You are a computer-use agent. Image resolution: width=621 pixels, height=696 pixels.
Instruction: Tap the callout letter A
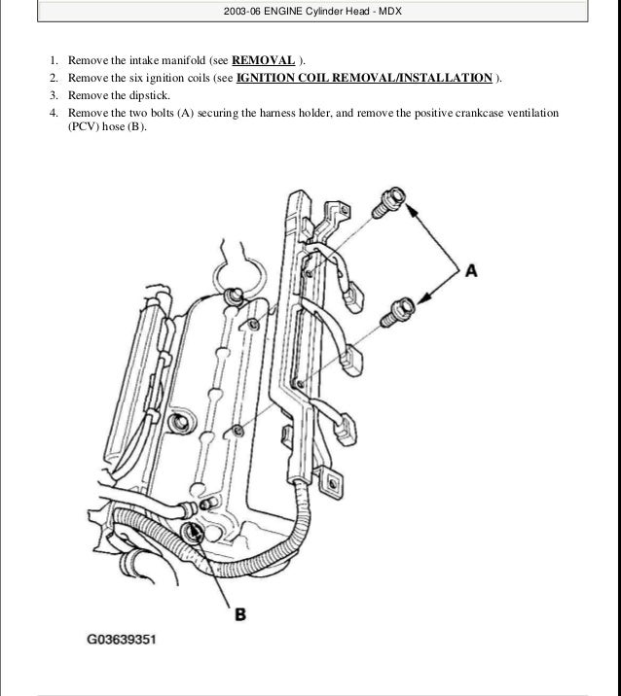471,271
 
